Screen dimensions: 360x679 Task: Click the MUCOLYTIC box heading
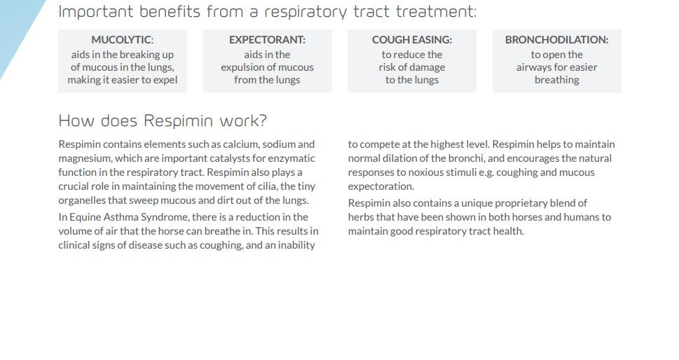coord(122,40)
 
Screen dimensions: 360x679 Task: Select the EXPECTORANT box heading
coord(267,40)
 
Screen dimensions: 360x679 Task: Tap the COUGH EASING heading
coord(411,40)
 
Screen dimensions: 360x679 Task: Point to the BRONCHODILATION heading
coord(556,40)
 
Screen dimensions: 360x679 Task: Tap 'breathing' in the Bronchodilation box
coord(556,80)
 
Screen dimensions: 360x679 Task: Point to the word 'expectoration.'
coord(381,186)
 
